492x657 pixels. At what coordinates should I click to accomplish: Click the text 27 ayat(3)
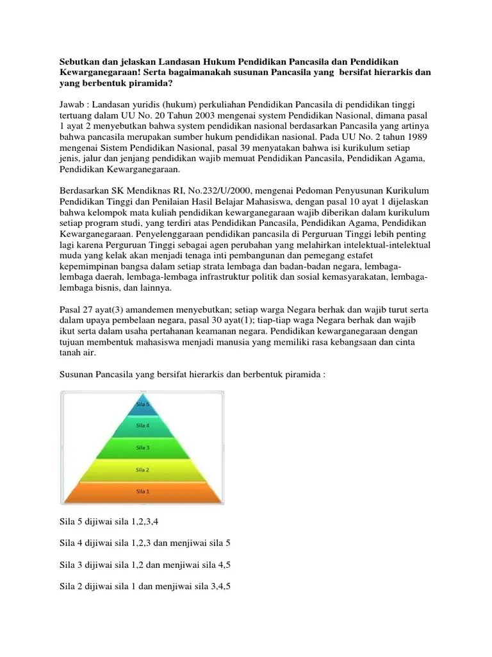point(99,309)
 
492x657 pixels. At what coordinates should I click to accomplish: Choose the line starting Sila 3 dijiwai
point(145,565)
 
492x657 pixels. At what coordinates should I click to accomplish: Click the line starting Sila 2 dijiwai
point(145,586)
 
